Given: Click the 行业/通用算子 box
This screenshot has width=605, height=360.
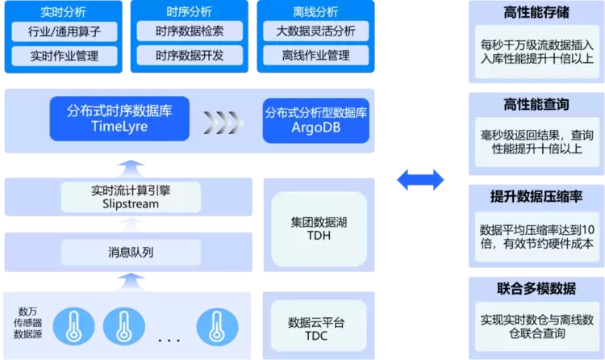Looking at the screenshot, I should pyautogui.click(x=64, y=32).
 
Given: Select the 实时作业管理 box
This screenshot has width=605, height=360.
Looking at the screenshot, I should pyautogui.click(x=64, y=57).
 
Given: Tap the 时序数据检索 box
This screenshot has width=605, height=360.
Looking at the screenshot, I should pyautogui.click(x=190, y=32).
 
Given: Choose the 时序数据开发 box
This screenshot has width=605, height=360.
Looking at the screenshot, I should pyautogui.click(x=190, y=56).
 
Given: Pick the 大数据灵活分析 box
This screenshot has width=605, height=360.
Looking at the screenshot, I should pyautogui.click(x=315, y=32).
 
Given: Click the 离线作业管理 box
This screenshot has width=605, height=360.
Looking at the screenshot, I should pyautogui.click(x=315, y=57).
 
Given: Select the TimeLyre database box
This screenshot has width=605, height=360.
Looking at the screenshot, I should pyautogui.click(x=119, y=119).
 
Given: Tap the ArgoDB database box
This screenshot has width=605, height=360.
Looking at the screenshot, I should pyautogui.click(x=315, y=119).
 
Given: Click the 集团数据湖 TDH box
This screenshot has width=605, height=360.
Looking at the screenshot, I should pyautogui.click(x=310, y=228).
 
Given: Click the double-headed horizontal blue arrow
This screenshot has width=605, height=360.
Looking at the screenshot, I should pyautogui.click(x=419, y=179).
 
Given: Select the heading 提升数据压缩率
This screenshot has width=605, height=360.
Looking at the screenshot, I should pyautogui.click(x=536, y=197).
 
